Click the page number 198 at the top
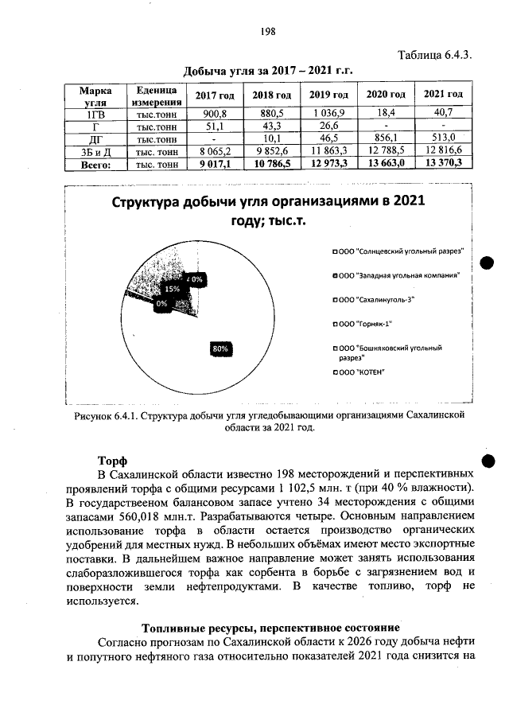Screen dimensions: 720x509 (267, 31)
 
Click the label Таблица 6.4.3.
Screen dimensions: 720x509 (434, 55)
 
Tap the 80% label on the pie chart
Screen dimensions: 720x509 (220, 348)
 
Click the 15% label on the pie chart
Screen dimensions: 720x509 (172, 290)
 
